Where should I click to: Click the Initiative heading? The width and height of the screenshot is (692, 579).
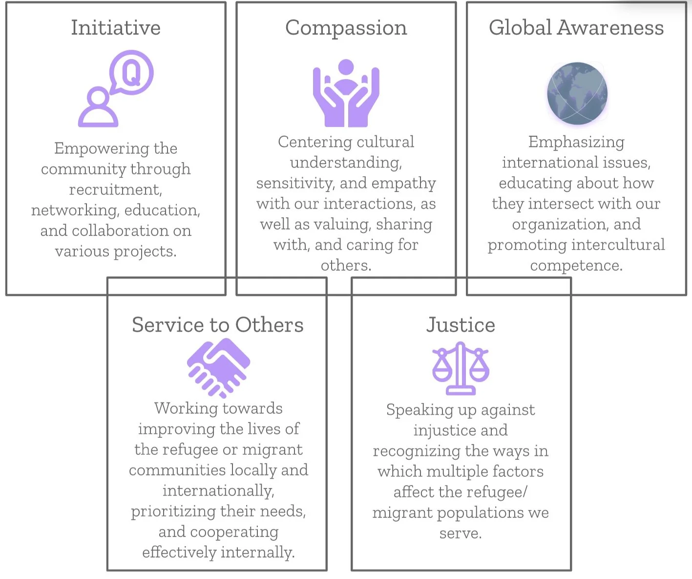coord(116,28)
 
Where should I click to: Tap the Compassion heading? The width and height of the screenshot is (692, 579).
coord(346,28)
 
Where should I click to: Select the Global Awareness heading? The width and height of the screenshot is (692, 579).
coord(576,28)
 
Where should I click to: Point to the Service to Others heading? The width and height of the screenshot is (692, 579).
coord(218,325)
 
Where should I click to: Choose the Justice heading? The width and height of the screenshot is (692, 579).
coord(461,325)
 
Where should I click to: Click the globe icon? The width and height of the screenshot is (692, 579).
coord(577,93)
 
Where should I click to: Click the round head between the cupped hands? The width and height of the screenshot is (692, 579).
coord(346,68)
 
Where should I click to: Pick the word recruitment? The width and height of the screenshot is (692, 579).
coord(115,189)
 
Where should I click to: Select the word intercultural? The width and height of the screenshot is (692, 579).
coord(619,245)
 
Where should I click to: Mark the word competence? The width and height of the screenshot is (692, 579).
coord(576,265)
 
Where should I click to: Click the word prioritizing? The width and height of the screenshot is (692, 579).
coord(173,511)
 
